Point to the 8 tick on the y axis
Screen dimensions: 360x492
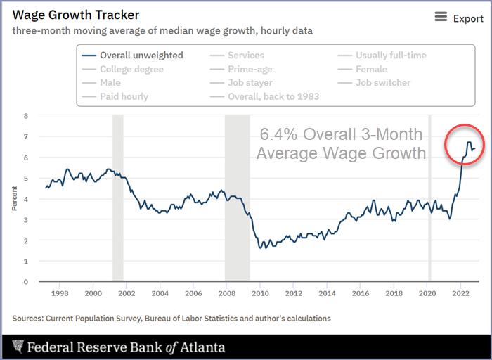pyautogui.click(x=26, y=115)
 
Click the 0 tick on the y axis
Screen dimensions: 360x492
pyautogui.click(x=26, y=282)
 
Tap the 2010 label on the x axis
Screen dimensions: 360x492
pyautogui.click(x=260, y=293)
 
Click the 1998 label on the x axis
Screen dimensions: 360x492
pyautogui.click(x=59, y=293)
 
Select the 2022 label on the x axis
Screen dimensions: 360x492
pyautogui.click(x=460, y=293)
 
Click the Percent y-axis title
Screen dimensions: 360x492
pyautogui.click(x=15, y=198)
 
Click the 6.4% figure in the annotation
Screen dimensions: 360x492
pyautogui.click(x=277, y=134)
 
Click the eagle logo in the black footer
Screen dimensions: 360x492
pyautogui.click(x=18, y=347)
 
